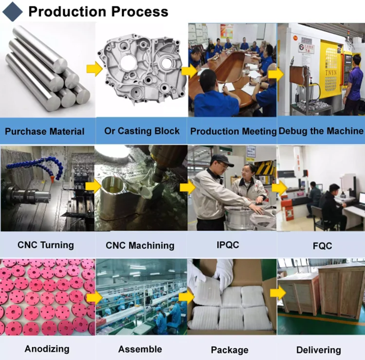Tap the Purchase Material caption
[44, 132]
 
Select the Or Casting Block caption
[142, 131]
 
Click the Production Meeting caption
[233, 132]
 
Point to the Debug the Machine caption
[321, 131]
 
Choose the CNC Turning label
[46, 245]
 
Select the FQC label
[322, 246]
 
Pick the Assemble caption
[140, 349]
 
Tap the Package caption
[229, 350]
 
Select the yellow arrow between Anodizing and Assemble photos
[94, 297]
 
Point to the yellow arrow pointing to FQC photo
[278, 188]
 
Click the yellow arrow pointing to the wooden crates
[278, 293]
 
